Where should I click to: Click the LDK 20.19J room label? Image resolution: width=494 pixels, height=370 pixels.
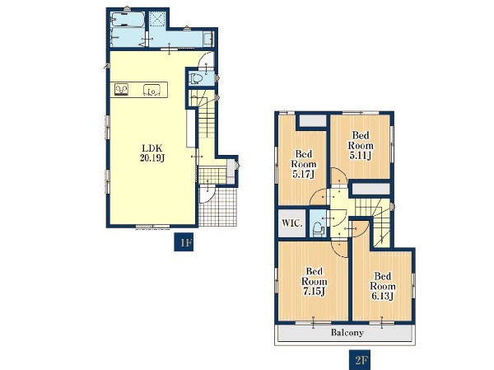(x=152, y=153)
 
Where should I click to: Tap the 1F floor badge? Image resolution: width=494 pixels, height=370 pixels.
(x=184, y=243)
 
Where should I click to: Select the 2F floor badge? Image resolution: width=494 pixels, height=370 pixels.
(x=359, y=359)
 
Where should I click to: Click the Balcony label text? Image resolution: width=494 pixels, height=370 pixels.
(x=347, y=332)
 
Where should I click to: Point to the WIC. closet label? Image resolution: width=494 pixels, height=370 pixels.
(x=292, y=223)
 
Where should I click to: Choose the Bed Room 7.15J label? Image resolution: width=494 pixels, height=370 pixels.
(x=315, y=282)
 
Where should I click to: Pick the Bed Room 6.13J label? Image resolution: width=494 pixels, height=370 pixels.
(x=383, y=287)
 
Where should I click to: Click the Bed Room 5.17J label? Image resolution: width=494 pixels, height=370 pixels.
(x=304, y=164)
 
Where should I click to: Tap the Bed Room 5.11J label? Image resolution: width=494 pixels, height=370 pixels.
(x=361, y=146)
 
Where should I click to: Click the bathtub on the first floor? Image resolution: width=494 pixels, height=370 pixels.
(x=128, y=20)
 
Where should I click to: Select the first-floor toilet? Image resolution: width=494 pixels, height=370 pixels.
(x=196, y=78)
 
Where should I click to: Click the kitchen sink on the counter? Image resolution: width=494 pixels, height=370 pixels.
(x=152, y=90)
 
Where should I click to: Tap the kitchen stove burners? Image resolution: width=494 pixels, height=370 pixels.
(x=121, y=90)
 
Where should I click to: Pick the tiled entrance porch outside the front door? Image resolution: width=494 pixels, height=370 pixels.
(x=218, y=207)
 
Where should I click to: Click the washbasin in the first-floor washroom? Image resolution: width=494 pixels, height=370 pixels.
(x=208, y=39)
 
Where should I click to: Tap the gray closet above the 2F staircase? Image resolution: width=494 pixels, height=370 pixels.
(x=370, y=190)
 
